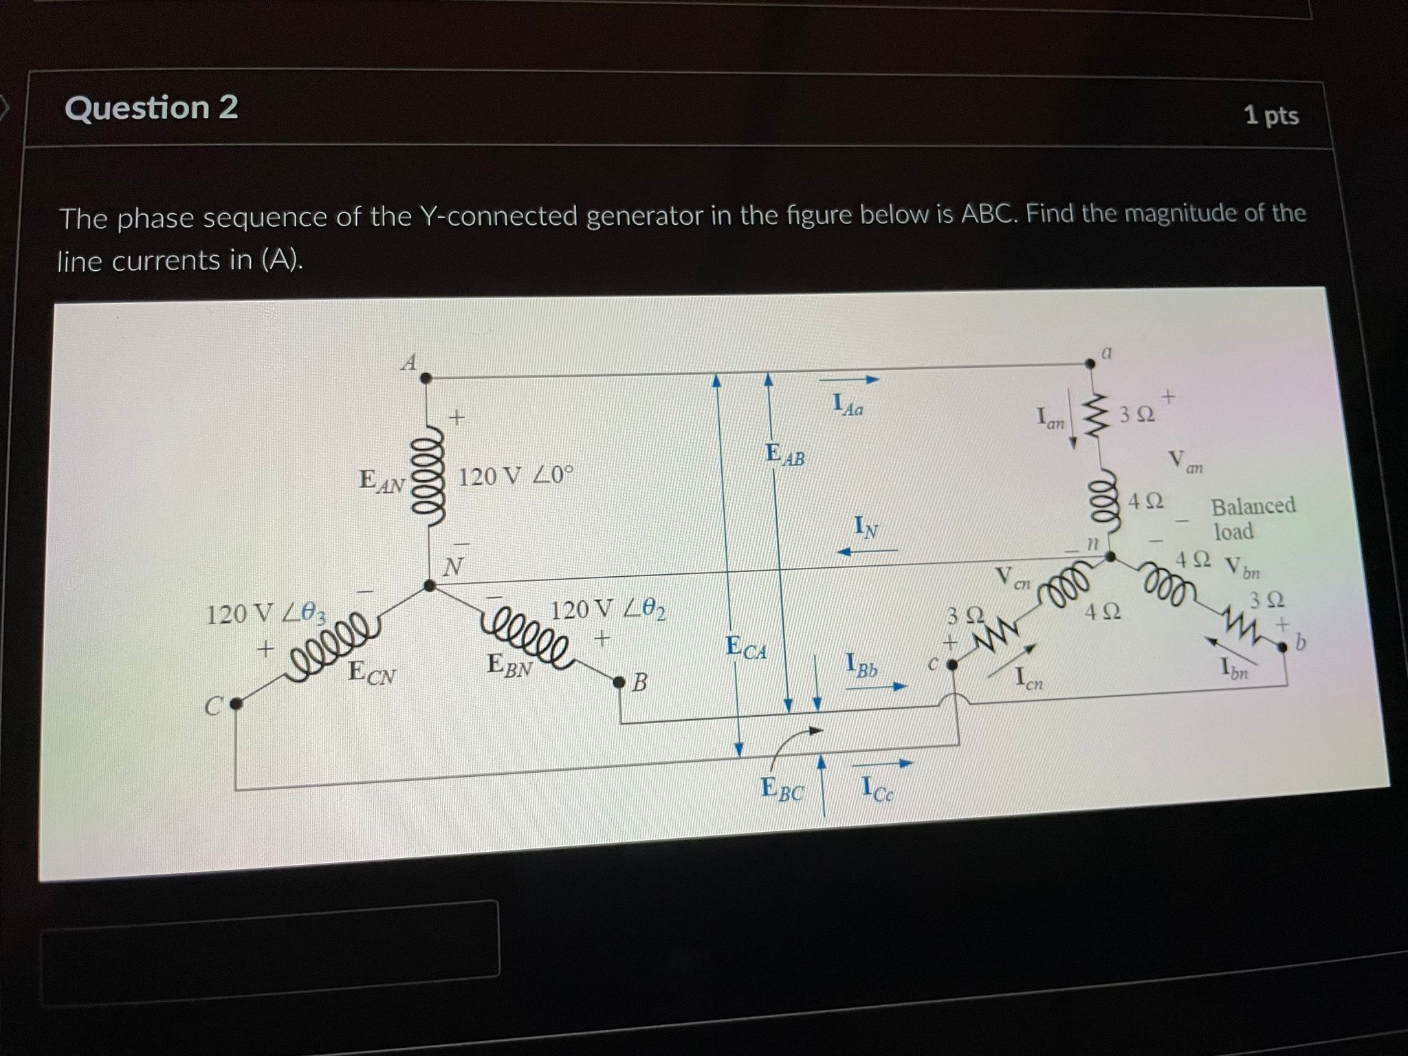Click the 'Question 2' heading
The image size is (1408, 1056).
pos(151,108)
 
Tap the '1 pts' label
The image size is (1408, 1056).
pos(1271,115)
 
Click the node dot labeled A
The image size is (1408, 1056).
pos(426,377)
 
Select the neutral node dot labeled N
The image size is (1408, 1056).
pos(430,586)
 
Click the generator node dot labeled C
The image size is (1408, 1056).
pos(235,703)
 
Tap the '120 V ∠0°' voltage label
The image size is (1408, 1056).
pos(515,476)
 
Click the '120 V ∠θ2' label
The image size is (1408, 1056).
pos(608,609)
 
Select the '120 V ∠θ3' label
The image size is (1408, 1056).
pos(267,613)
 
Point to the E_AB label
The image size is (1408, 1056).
pos(784,454)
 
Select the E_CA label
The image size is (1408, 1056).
pos(746,648)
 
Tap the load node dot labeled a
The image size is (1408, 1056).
pos(1088,364)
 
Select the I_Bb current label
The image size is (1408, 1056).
pos(862,665)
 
